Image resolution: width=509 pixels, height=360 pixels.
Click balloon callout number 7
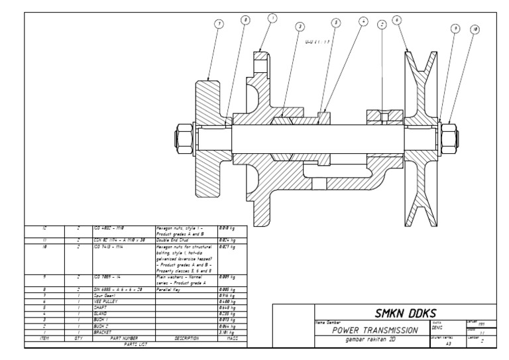219,23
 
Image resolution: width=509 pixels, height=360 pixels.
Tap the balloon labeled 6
397,20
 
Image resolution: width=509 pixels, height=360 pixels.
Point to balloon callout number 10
475,29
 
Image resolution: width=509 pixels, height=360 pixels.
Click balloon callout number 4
363,21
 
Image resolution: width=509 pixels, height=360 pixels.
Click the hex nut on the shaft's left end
181,139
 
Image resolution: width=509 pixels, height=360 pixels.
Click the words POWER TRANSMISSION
367,330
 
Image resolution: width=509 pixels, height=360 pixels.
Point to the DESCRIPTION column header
186,338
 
